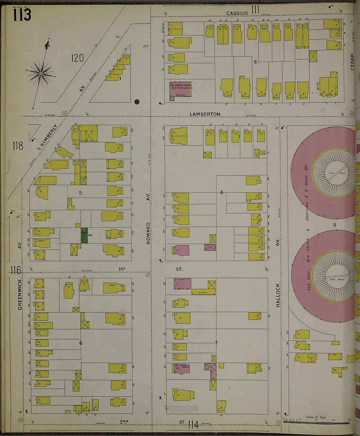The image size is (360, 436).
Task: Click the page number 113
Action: click(x=22, y=15)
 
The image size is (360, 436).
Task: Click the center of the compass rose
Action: click(x=41, y=73)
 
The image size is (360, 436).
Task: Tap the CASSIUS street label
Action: click(x=237, y=13)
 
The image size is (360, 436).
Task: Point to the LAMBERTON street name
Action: click(x=205, y=114)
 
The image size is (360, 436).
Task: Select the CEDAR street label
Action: click(x=352, y=62)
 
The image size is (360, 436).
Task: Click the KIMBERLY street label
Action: click(x=48, y=135)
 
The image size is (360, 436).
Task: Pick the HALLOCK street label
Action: click(x=278, y=295)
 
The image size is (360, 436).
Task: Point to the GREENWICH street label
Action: click(x=20, y=294)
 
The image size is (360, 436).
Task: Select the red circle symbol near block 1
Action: click(x=137, y=101)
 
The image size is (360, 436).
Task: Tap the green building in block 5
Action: click(x=84, y=235)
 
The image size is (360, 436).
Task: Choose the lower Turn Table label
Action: click(x=336, y=280)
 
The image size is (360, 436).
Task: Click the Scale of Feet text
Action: click(x=316, y=417)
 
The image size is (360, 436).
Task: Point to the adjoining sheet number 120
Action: click(x=77, y=58)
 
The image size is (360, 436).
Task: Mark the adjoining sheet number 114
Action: click(x=193, y=425)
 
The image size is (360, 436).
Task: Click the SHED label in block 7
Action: click(x=203, y=292)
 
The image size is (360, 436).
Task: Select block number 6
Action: click(x=81, y=343)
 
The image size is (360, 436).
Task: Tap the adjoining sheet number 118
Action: click(x=18, y=146)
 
